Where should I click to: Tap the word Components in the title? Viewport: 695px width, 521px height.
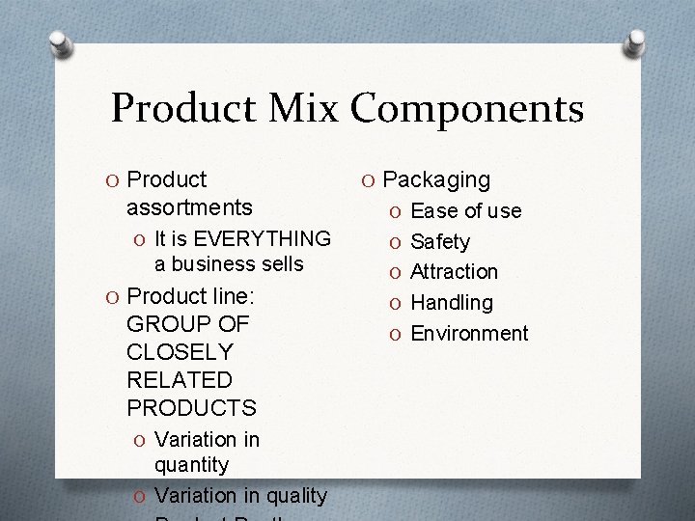(466, 110)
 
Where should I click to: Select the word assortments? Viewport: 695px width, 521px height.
(189, 207)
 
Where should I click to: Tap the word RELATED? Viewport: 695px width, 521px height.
(180, 380)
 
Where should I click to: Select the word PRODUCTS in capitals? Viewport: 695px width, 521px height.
(191, 408)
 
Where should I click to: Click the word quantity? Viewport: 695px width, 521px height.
(192, 465)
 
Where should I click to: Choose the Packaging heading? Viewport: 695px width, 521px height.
(436, 179)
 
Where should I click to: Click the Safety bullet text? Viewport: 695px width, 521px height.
(440, 242)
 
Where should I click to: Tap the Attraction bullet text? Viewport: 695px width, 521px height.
(454, 272)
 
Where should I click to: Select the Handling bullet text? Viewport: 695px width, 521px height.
(452, 303)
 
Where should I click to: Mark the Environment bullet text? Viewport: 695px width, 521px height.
(469, 334)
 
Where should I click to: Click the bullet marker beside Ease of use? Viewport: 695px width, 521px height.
(394, 211)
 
